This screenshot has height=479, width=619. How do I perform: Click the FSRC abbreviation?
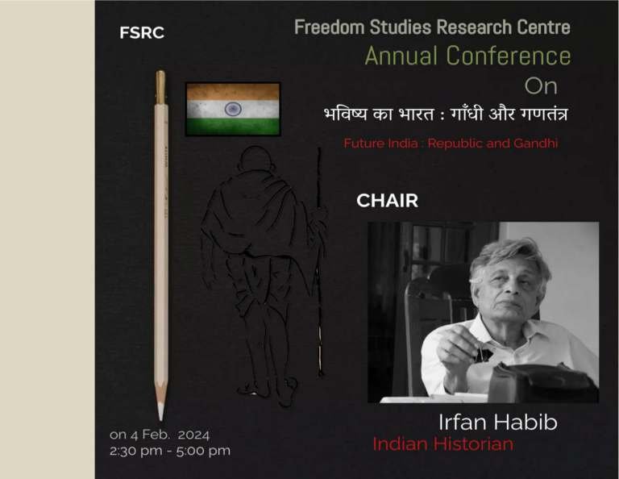142,33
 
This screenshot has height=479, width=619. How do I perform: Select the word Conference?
509,56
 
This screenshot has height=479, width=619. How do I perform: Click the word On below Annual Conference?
541,86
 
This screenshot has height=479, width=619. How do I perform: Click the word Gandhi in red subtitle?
536,143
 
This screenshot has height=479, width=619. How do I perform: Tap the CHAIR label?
387,201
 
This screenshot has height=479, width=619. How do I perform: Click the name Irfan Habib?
498,422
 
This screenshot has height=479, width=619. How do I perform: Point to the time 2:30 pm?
135,451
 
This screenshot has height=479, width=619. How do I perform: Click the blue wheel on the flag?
233,109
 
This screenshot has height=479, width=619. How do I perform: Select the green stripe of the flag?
233,127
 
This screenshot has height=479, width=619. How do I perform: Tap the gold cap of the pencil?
160,87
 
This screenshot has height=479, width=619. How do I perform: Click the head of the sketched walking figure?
255,160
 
